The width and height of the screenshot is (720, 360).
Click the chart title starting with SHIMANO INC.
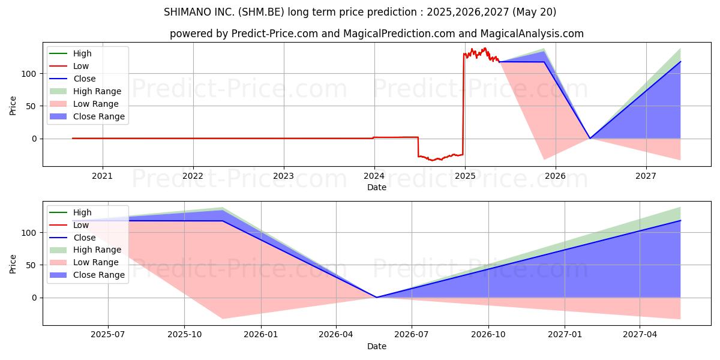click(360, 12)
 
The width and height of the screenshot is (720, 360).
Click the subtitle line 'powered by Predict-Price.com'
click(376, 34)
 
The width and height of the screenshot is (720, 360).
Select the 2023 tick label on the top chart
click(283, 176)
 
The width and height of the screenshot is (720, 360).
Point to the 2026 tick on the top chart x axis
click(556, 176)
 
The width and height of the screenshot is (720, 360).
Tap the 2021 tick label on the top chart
click(103, 176)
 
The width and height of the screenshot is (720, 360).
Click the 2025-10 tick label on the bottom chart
click(184, 335)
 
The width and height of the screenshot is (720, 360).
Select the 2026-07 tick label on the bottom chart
click(412, 335)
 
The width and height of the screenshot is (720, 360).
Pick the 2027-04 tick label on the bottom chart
click(640, 335)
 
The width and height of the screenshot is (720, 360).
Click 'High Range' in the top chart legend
click(97, 91)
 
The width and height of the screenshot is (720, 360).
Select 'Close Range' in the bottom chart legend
click(98, 275)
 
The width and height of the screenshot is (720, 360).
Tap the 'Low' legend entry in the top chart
click(80, 66)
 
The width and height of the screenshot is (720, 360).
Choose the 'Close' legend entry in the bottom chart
click(84, 238)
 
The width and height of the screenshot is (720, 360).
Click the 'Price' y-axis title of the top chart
click(13, 106)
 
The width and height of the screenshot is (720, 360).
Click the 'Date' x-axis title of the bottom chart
click(376, 346)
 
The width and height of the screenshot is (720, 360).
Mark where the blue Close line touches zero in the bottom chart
click(376, 297)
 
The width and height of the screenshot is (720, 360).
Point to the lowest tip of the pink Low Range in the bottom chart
click(223, 319)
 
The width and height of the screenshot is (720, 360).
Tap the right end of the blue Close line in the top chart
click(680, 61)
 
